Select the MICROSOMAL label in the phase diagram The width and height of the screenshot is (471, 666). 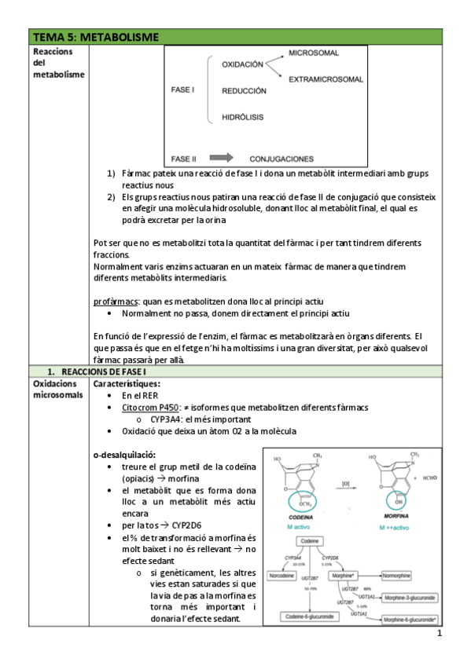(314, 53)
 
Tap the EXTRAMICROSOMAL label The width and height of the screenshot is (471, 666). (326, 79)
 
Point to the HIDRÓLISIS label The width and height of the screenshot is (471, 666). (242, 117)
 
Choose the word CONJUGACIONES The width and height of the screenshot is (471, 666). (281, 158)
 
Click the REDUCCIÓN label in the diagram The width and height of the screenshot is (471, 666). (244, 90)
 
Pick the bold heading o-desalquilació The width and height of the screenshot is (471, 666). (124, 455)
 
